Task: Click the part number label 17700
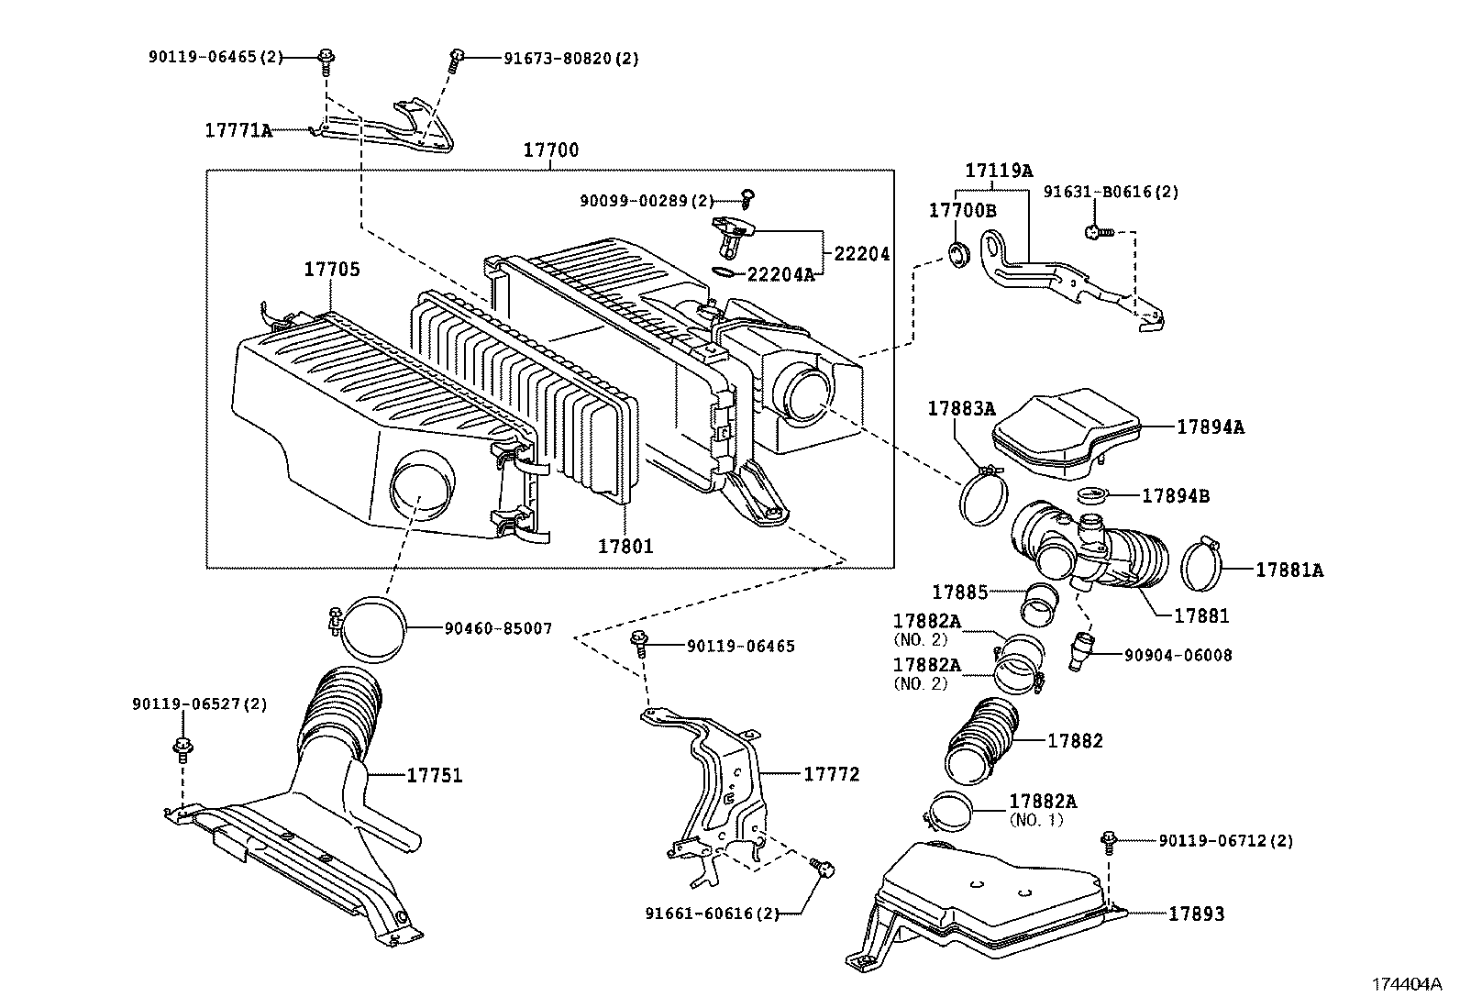click(x=551, y=150)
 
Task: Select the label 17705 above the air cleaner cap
click(x=332, y=270)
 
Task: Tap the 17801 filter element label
click(x=625, y=547)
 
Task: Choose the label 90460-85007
click(x=498, y=629)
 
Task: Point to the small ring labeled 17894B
click(x=1091, y=496)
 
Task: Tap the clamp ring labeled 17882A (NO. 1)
click(x=950, y=810)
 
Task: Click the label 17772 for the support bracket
click(x=831, y=775)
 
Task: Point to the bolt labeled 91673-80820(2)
click(x=455, y=60)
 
